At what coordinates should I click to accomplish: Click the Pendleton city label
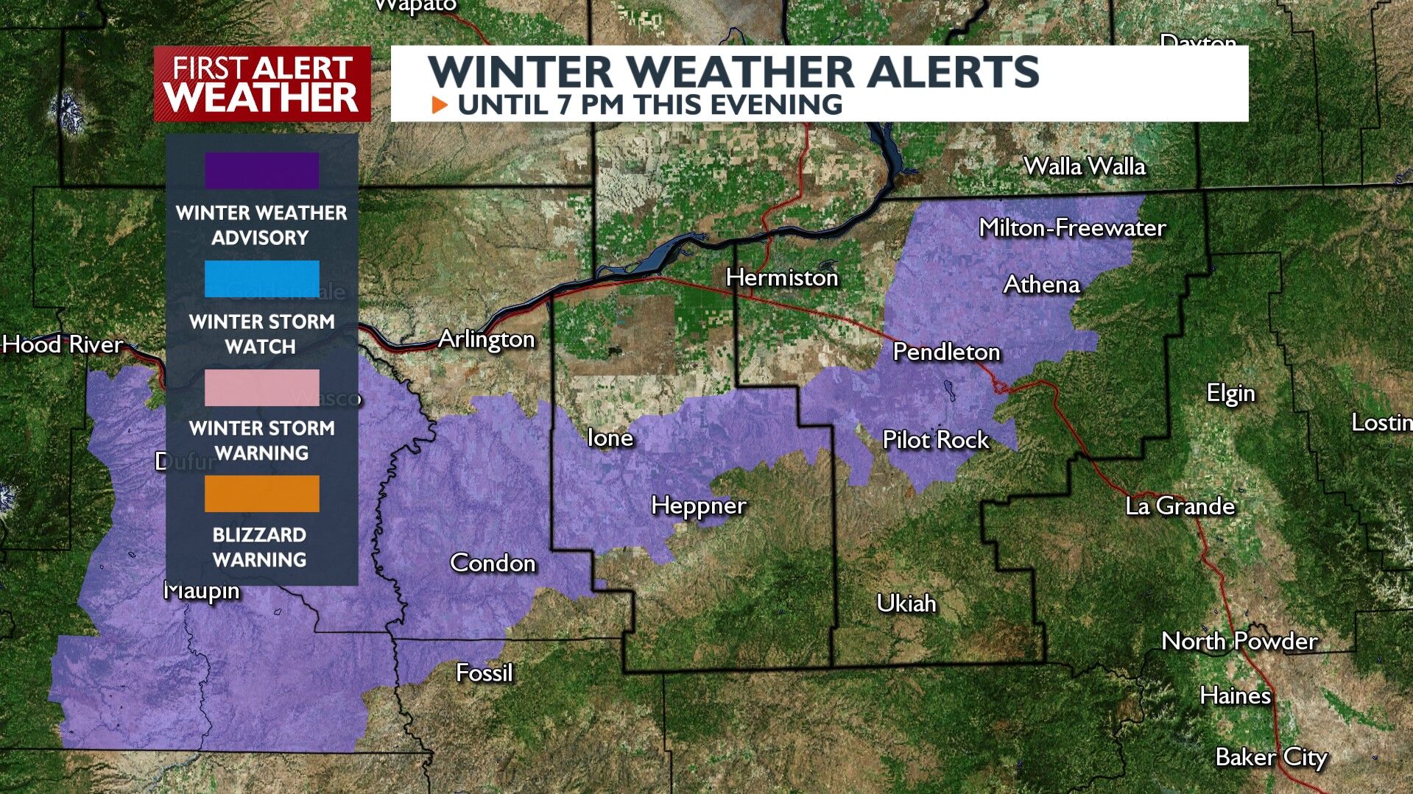tap(946, 352)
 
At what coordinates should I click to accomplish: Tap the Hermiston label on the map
tap(782, 277)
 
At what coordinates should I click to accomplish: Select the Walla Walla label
tap(1085, 166)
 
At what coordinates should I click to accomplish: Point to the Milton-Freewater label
tap(1072, 228)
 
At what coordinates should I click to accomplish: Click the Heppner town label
tap(699, 506)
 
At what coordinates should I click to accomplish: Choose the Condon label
tap(493, 563)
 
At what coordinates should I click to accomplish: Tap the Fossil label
tap(484, 673)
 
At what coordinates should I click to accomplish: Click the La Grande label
tap(1180, 506)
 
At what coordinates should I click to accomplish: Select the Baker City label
tap(1271, 757)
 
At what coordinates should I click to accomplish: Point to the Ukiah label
tap(906, 603)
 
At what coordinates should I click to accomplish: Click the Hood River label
tap(63, 344)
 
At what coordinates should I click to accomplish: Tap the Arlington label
tap(486, 339)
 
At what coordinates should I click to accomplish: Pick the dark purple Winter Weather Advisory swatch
tap(261, 171)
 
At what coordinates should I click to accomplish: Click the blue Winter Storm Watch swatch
tap(261, 279)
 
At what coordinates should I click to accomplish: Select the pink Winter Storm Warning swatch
tap(261, 387)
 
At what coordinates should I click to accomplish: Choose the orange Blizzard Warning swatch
tap(261, 493)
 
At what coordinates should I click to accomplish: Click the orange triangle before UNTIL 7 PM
tap(440, 104)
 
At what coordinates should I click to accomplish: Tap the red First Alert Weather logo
tap(262, 84)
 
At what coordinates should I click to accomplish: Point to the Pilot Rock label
tap(935, 440)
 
